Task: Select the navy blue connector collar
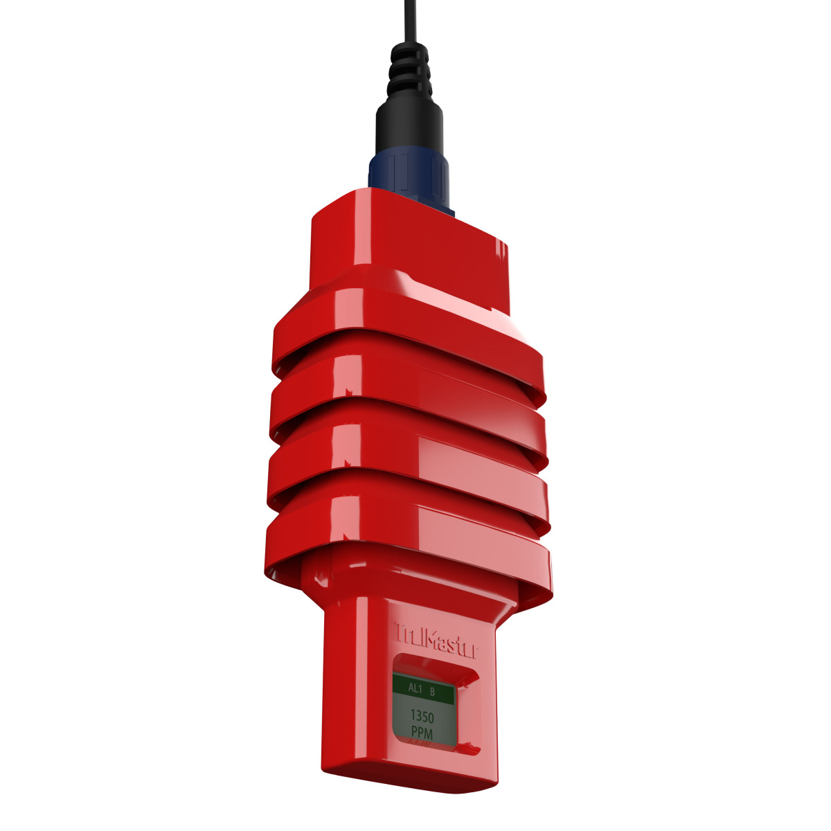coord(409,173)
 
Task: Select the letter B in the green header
coord(433,690)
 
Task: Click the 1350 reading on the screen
coord(422,717)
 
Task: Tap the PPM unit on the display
coord(422,732)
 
